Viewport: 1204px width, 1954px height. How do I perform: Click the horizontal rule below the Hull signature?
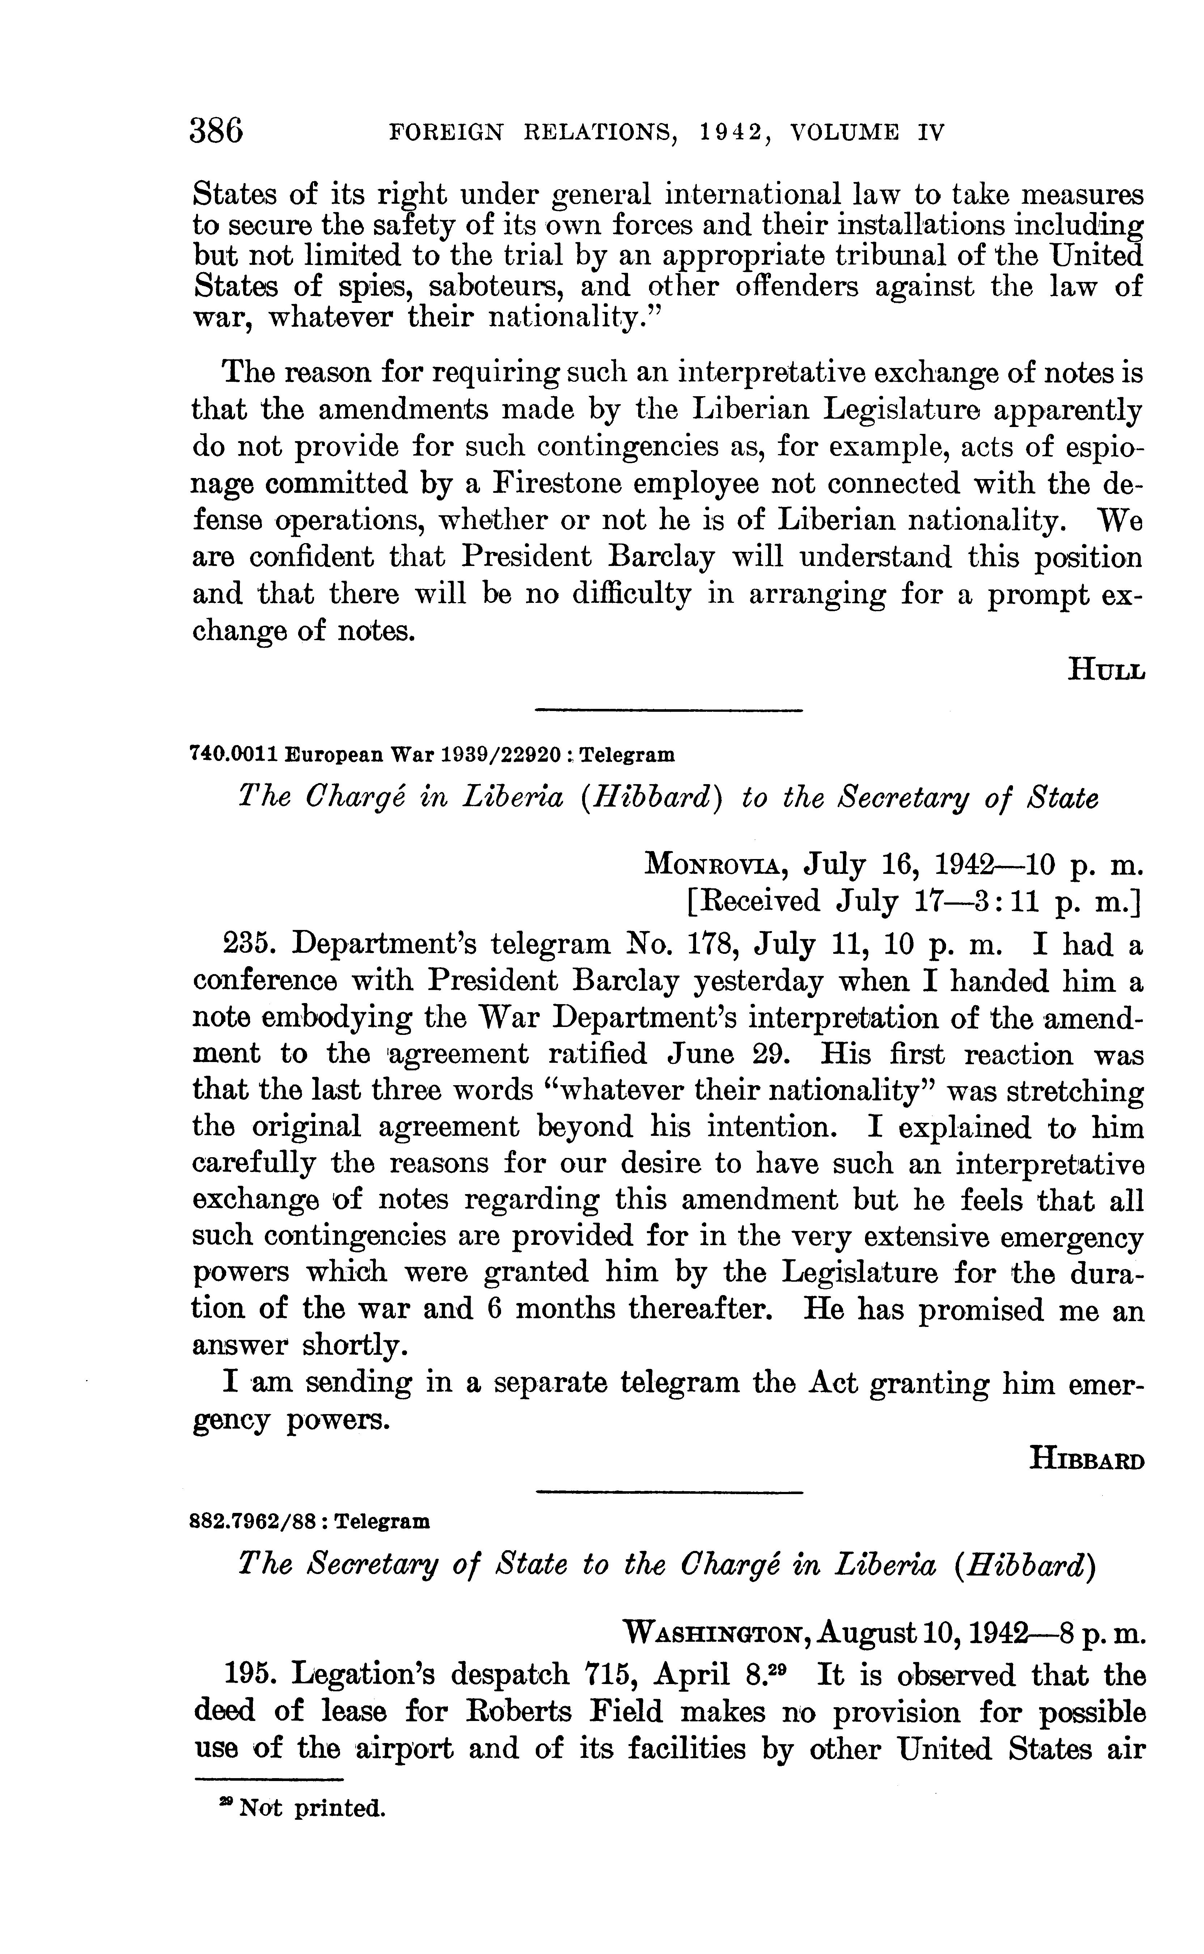[669, 709]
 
